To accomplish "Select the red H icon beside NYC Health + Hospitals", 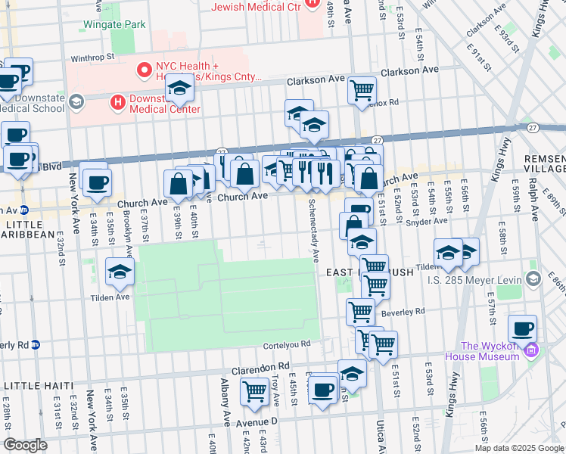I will coord(141,70).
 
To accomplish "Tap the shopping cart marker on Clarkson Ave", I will coord(362,89).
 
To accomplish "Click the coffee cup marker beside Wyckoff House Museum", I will coord(522,328).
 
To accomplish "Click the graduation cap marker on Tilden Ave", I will coord(120,272).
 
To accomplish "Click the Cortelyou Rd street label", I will coord(287,344).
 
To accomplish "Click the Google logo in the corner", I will coord(25,445).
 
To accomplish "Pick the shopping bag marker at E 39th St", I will coord(178,183).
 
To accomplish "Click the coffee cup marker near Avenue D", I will coord(323,390).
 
